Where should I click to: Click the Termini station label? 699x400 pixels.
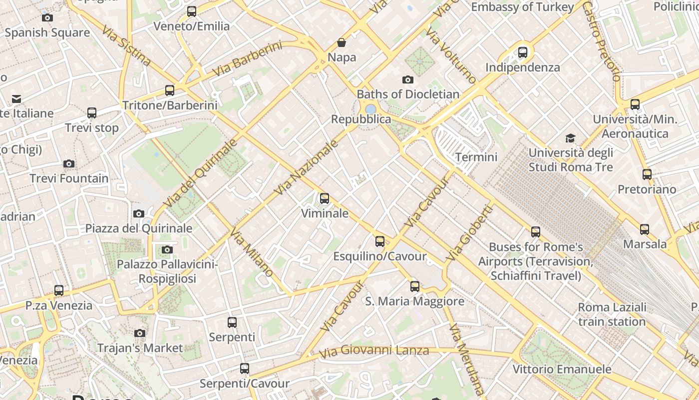click(x=476, y=157)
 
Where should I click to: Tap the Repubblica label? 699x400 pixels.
click(x=361, y=119)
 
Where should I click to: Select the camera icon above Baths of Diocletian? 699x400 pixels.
click(x=408, y=79)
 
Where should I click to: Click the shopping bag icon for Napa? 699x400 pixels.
click(x=342, y=42)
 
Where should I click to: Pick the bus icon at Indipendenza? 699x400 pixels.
click(x=523, y=52)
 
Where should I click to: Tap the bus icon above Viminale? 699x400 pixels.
click(x=325, y=198)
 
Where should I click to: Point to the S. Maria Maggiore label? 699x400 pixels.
click(x=414, y=301)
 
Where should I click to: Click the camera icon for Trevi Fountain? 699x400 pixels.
click(x=69, y=163)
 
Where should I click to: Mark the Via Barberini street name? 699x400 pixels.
click(x=247, y=59)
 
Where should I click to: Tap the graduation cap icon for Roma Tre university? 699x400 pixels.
click(x=570, y=138)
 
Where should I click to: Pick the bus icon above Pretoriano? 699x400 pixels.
click(x=647, y=174)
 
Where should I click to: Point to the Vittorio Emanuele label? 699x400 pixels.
click(x=562, y=369)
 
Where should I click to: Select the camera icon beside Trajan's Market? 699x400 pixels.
click(x=140, y=333)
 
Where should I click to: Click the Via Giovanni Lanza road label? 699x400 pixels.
click(x=374, y=351)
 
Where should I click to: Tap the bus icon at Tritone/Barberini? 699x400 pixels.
click(x=170, y=90)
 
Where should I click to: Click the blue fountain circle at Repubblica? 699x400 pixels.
click(x=370, y=108)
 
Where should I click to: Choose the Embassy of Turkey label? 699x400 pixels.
click(x=522, y=7)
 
